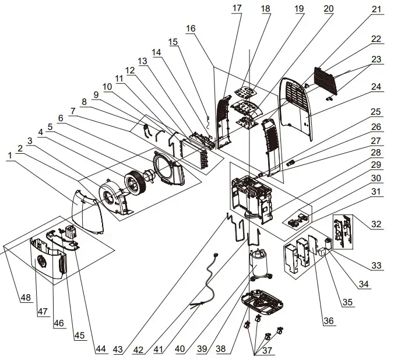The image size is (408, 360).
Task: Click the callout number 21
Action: [x=376, y=10]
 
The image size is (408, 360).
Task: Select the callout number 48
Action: [x=26, y=298]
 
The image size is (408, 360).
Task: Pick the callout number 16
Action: [x=192, y=29]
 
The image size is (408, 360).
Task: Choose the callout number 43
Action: [x=118, y=349]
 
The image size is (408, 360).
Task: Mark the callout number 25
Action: [x=376, y=111]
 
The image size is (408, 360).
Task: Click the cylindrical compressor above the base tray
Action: [x=259, y=266]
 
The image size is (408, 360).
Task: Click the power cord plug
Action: [x=216, y=254]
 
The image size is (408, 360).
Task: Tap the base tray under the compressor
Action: [x=265, y=303]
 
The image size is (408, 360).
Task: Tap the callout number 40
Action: [x=180, y=349]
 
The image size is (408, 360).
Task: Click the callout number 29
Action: [x=376, y=165]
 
